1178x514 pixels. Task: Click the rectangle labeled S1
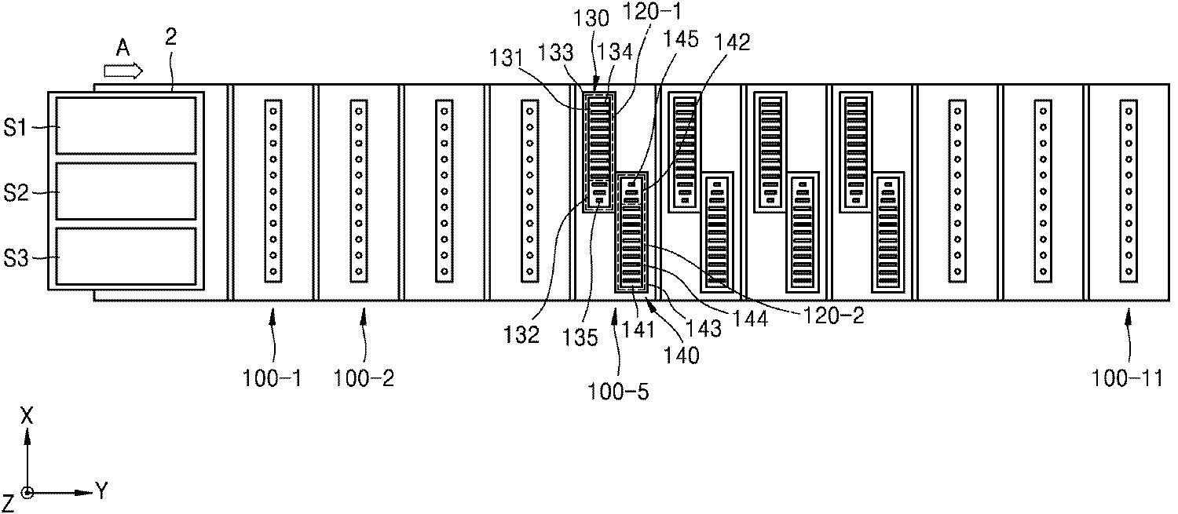click(x=126, y=126)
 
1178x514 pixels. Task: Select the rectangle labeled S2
click(x=126, y=191)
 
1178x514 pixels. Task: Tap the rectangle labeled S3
click(x=126, y=257)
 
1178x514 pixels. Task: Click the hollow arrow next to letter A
click(x=124, y=71)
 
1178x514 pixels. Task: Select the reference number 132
click(x=522, y=335)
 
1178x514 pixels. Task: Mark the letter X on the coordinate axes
click(x=27, y=417)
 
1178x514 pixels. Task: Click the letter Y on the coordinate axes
click(x=101, y=492)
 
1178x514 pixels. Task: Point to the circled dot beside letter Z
click(x=28, y=493)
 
